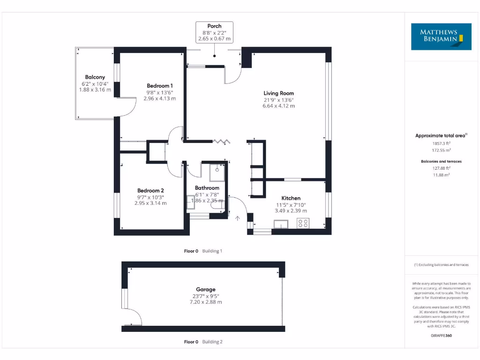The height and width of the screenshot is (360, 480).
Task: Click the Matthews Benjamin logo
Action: (441, 37)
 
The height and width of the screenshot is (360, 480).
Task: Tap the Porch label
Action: (214, 26)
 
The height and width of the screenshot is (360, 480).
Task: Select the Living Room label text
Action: (278, 93)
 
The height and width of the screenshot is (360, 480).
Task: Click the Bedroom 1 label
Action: (160, 85)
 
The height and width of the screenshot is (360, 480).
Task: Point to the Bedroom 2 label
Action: (150, 190)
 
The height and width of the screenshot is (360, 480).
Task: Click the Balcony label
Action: (95, 77)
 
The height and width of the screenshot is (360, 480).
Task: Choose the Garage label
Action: (206, 289)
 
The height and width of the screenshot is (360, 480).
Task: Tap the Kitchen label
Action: (291, 198)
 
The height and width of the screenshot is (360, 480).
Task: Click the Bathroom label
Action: (207, 187)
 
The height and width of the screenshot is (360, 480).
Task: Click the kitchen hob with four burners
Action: (303, 224)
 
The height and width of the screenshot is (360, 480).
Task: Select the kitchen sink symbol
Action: (281, 224)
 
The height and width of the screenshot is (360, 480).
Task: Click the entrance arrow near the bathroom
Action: (238, 218)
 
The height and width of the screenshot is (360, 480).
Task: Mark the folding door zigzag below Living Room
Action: (220, 141)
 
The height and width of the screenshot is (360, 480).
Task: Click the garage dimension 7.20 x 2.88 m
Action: (206, 302)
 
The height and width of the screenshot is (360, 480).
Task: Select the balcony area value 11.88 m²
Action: (441, 175)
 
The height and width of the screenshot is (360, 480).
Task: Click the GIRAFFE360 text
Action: (441, 336)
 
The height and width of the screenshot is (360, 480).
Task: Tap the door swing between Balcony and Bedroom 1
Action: (127, 107)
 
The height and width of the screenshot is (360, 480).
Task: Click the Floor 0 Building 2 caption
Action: (203, 342)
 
